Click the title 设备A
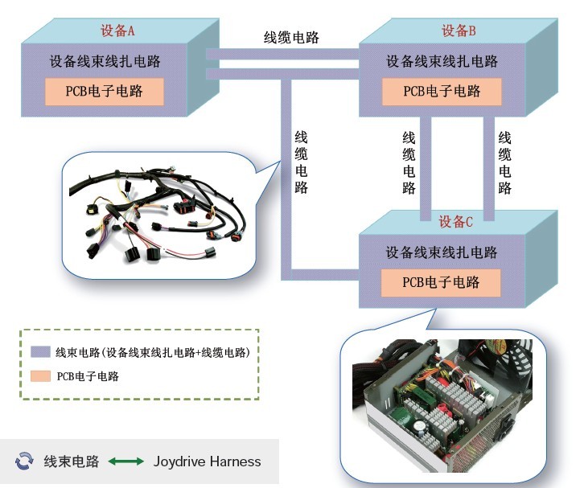pos(117,31)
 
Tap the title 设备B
pos(459,31)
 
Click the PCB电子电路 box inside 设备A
pos(105,92)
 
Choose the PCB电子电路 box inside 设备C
pos(441,282)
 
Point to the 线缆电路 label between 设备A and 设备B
pos(291,37)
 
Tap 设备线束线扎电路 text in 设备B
pos(442,61)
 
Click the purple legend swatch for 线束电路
pos(40,352)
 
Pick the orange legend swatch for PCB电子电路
pos(40,375)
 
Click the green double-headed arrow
pos(126,461)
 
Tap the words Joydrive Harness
pos(208,461)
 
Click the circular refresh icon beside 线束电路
pos(24,461)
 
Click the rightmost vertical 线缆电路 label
pos(505,162)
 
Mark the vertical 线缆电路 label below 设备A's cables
pos(301,162)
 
